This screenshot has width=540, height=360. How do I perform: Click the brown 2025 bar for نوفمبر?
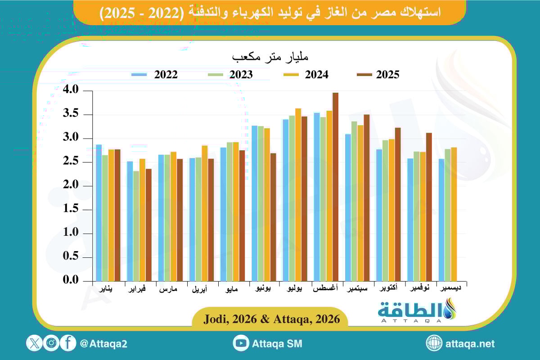(x=429, y=207)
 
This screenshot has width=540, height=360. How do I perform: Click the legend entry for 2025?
(x=378, y=75)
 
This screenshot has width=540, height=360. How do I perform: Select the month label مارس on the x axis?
(x=168, y=289)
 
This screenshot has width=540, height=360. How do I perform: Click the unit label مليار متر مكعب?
(x=270, y=58)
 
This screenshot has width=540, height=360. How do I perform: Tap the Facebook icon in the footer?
(x=68, y=343)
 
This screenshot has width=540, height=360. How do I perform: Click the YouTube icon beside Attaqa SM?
(x=241, y=343)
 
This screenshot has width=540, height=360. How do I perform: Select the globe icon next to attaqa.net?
(x=434, y=343)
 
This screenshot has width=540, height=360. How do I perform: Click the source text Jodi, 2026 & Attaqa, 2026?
(x=270, y=319)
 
